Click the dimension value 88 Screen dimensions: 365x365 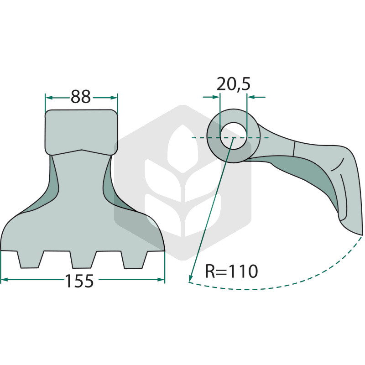point(81,97)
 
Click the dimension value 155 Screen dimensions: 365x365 point(79,281)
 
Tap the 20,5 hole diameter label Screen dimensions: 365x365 point(233,84)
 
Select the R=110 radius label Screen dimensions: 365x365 point(231,271)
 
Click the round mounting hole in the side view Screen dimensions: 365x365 point(233,136)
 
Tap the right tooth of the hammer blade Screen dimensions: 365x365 point(134,260)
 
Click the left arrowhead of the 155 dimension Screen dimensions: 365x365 point(4,279)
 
